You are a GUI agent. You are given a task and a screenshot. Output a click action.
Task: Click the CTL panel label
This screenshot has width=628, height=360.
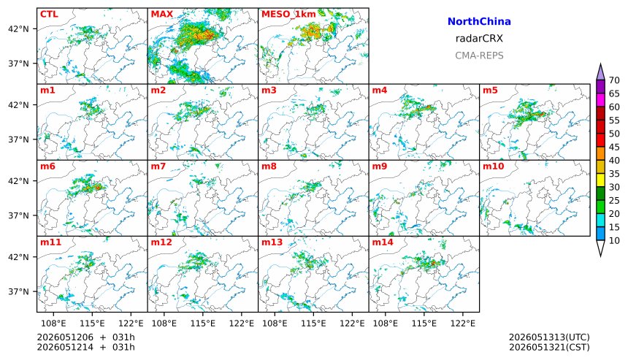[x=49, y=14]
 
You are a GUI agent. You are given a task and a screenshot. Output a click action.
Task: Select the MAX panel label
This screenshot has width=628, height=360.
[x=162, y=14]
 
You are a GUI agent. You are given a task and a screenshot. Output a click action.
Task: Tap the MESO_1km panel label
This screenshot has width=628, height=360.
[x=288, y=15]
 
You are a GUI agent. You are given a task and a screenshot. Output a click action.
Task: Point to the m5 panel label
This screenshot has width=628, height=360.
[x=490, y=90]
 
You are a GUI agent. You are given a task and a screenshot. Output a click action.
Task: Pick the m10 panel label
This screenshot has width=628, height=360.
[x=493, y=166]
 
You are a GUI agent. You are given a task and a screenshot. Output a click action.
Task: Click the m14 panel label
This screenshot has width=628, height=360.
[x=383, y=242]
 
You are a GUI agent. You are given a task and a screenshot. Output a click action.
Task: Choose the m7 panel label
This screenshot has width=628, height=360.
[x=158, y=166]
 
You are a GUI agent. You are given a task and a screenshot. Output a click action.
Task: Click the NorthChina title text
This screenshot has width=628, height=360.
[x=479, y=22]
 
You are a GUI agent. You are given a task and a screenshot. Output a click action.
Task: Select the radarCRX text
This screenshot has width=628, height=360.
[x=479, y=39]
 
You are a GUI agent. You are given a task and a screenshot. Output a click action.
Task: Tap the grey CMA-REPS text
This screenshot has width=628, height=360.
[x=479, y=55]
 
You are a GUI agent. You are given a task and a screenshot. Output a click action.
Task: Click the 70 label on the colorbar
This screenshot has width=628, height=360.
[x=614, y=80]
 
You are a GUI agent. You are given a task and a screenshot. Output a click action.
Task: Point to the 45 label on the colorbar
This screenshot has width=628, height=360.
[x=614, y=148]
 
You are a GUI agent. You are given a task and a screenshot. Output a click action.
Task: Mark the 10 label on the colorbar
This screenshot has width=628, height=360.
[x=614, y=241]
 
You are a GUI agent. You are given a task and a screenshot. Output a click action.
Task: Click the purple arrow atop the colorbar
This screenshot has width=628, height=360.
[x=600, y=72]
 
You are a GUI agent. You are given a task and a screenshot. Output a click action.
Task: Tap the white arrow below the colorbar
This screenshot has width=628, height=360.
[x=600, y=248]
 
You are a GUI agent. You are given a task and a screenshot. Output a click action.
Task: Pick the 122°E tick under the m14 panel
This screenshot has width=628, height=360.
[x=464, y=323]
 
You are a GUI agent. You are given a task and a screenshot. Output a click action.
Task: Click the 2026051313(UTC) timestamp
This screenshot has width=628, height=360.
[x=549, y=337]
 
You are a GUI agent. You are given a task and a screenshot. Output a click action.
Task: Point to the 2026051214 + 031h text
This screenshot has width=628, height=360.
[x=85, y=347]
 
